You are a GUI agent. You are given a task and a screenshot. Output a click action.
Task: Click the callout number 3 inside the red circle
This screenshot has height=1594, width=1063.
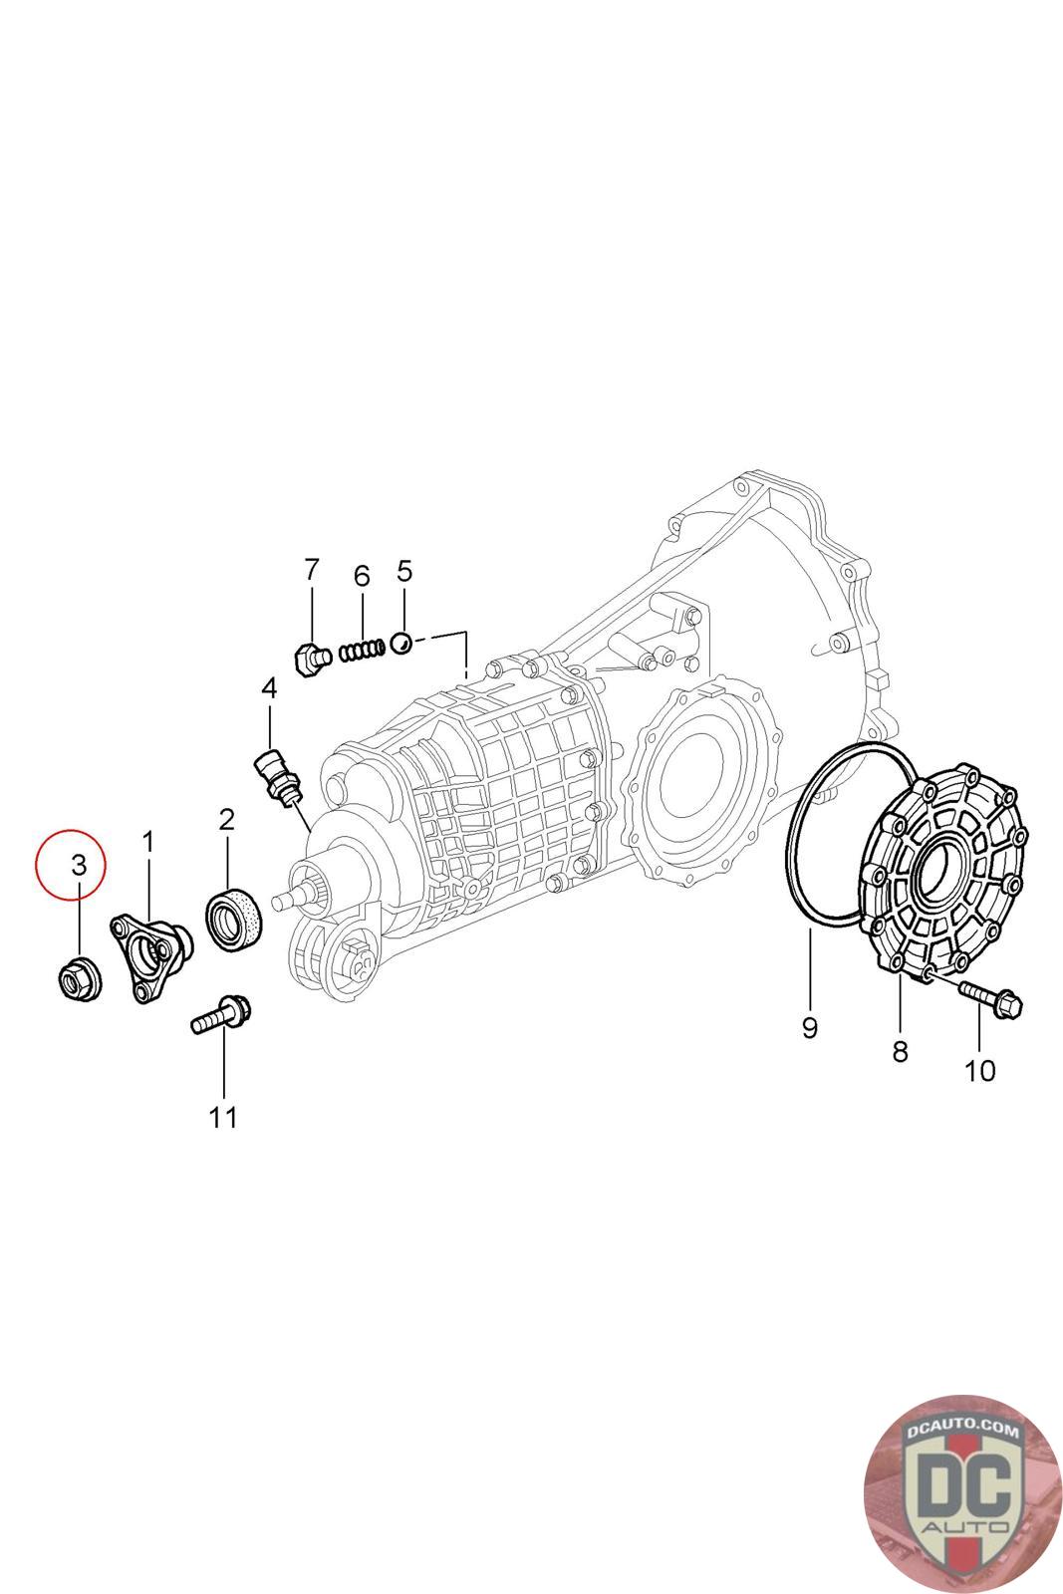(x=79, y=865)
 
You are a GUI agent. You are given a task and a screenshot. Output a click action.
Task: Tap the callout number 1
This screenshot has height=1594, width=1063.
(x=148, y=843)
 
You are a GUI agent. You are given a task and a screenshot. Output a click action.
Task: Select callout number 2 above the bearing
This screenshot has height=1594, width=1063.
(x=227, y=820)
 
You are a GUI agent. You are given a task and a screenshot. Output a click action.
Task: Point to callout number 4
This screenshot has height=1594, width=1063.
(x=269, y=688)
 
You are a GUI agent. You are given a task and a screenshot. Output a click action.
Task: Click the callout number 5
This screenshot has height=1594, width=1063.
(x=404, y=571)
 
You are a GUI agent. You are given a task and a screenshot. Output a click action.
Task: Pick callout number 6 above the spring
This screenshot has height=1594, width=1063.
(x=362, y=576)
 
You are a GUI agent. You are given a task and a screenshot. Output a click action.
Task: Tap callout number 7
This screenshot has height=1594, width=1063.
(x=312, y=569)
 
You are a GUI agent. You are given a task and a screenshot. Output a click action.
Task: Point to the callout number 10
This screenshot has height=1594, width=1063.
(x=979, y=1070)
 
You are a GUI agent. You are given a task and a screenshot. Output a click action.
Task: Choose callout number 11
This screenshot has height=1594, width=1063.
(x=223, y=1117)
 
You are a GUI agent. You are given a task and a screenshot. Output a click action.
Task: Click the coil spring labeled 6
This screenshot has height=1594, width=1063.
(x=363, y=651)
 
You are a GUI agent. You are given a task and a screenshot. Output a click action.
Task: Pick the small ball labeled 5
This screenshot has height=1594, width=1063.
(x=402, y=644)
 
